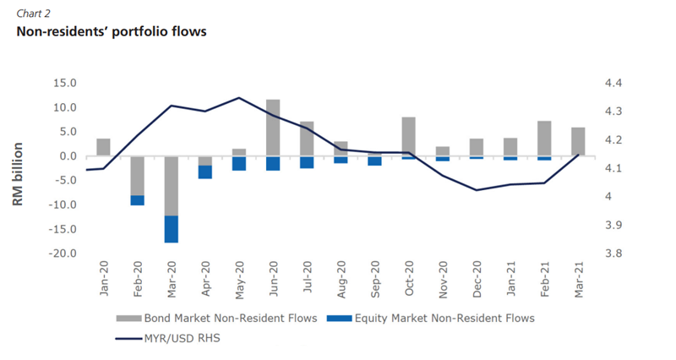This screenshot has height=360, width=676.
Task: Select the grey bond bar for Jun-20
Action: click(273, 128)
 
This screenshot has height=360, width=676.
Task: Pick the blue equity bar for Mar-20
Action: click(171, 229)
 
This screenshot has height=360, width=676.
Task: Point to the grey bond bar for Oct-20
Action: click(408, 137)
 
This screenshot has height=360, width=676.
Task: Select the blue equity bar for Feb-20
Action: click(137, 200)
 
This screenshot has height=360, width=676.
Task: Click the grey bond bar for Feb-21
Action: click(544, 139)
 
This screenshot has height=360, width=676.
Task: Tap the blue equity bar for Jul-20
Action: click(307, 162)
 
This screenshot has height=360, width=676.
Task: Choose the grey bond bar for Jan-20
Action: click(103, 147)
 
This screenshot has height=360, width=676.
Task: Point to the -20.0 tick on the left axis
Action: click(62, 254)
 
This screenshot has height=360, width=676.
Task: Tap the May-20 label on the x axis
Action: click(239, 279)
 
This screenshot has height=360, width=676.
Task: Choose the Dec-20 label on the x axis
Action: click(477, 279)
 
